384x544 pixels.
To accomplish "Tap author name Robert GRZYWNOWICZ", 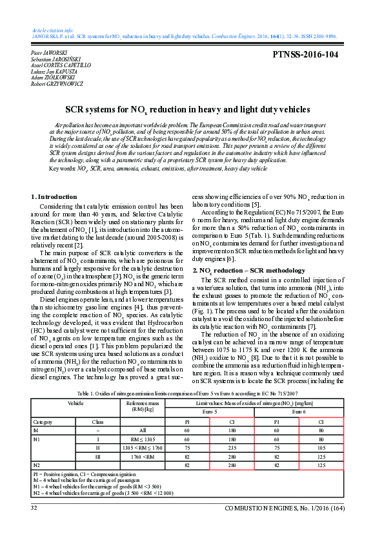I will tap(57, 84).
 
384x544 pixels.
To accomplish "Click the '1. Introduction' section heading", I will tap(54, 196).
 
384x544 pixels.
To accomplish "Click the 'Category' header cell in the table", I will tap(42, 421).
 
